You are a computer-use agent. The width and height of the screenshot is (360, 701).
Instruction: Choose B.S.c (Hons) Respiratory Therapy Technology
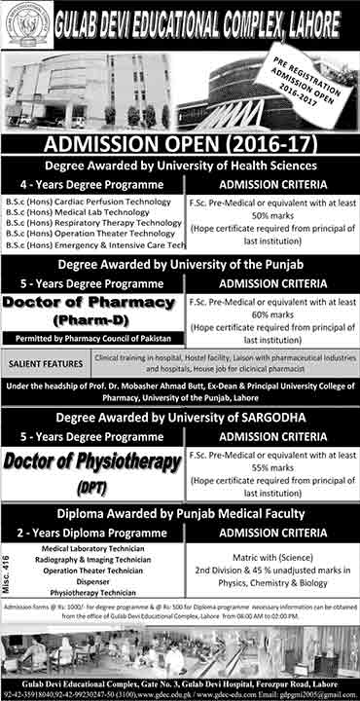(x=92, y=223)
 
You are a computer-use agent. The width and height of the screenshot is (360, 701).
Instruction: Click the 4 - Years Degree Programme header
(x=92, y=184)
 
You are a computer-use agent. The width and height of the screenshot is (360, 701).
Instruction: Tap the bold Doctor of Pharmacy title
(x=92, y=303)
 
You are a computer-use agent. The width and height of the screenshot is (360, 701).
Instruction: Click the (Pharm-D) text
(x=92, y=318)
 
